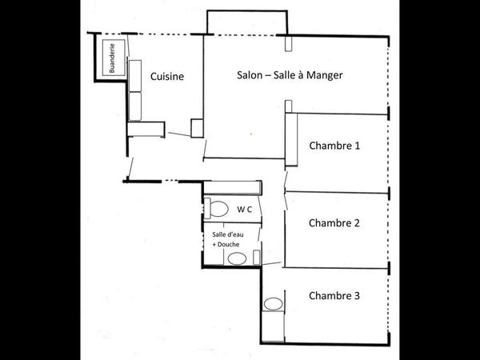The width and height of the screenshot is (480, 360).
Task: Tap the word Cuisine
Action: tap(167, 77)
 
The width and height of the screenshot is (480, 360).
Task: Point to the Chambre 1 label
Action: tap(334, 146)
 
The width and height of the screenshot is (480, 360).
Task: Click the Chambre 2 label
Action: tap(334, 222)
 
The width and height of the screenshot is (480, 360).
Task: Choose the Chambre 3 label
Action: tap(334, 295)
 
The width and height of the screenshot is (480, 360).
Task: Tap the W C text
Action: tap(244, 209)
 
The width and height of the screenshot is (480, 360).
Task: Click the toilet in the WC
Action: tap(216, 208)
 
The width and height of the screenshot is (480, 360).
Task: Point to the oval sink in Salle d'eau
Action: tap(236, 258)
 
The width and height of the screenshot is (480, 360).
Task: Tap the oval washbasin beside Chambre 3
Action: tap(273, 304)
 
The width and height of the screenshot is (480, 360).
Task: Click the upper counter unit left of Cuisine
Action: tap(134, 74)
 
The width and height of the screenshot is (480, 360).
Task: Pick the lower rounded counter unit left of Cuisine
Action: tap(134, 104)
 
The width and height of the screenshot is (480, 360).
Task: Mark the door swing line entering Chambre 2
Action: tap(285, 198)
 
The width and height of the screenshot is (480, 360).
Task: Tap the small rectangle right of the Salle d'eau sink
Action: tap(256, 258)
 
